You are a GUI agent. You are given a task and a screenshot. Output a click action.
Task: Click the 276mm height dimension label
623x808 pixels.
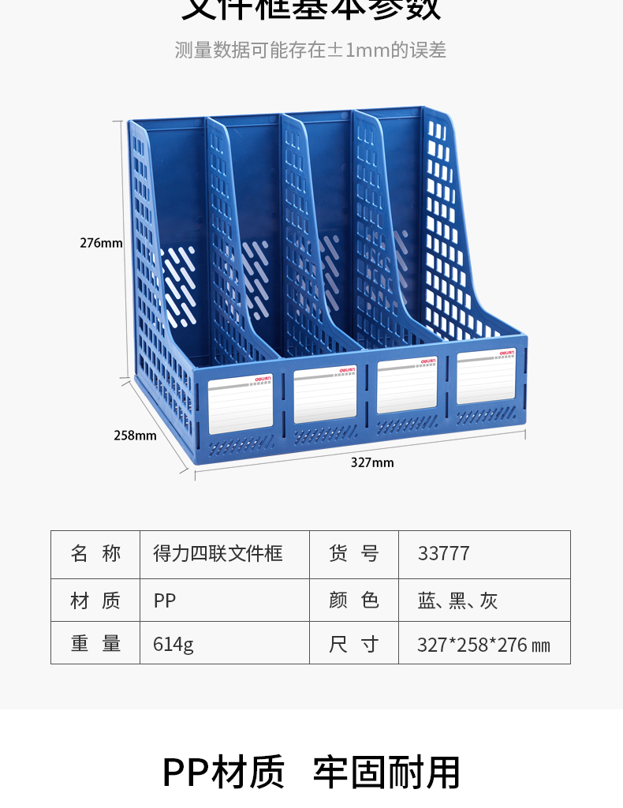click(101, 243)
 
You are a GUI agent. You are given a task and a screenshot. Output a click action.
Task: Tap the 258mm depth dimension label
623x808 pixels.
click(135, 435)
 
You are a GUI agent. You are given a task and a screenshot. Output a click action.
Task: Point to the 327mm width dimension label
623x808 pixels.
click(372, 462)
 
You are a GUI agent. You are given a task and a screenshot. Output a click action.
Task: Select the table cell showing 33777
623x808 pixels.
click(444, 554)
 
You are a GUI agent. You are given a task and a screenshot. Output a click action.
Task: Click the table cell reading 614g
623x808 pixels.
click(173, 644)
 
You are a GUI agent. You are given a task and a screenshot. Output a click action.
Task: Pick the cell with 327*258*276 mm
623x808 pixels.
click(483, 645)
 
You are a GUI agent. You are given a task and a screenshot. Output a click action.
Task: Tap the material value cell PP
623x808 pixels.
click(165, 601)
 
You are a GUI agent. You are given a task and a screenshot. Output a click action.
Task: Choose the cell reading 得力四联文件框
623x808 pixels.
click(218, 554)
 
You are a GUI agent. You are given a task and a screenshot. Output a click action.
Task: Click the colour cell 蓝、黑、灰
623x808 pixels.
click(457, 601)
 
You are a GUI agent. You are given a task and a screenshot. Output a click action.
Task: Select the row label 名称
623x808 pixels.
click(95, 554)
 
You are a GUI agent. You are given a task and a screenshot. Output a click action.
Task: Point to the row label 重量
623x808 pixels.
click(95, 644)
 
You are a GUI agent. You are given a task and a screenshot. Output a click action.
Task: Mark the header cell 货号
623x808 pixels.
click(354, 554)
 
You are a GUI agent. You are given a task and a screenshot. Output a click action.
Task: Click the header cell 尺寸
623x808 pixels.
click(354, 644)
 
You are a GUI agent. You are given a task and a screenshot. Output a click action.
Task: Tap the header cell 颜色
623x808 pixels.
click(354, 601)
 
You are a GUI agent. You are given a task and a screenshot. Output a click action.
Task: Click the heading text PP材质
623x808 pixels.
click(223, 772)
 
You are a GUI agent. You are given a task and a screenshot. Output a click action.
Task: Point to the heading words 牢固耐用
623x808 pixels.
click(386, 772)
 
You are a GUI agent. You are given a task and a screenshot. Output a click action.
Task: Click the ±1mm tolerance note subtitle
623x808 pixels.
click(311, 50)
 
